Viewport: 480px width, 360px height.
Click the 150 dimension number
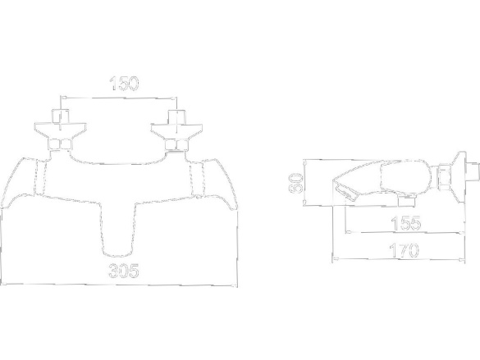click(x=124, y=84)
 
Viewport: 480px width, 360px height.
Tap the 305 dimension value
click(x=124, y=271)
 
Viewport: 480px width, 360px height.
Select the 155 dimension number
click(x=406, y=223)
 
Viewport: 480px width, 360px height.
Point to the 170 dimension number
click(x=404, y=250)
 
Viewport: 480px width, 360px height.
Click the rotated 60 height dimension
click(x=295, y=183)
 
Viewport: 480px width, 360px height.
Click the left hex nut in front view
click(x=60, y=144)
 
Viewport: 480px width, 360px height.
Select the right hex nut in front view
click(x=176, y=144)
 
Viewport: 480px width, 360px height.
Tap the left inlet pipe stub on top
click(x=61, y=116)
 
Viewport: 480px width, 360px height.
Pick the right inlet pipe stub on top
click(x=177, y=116)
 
